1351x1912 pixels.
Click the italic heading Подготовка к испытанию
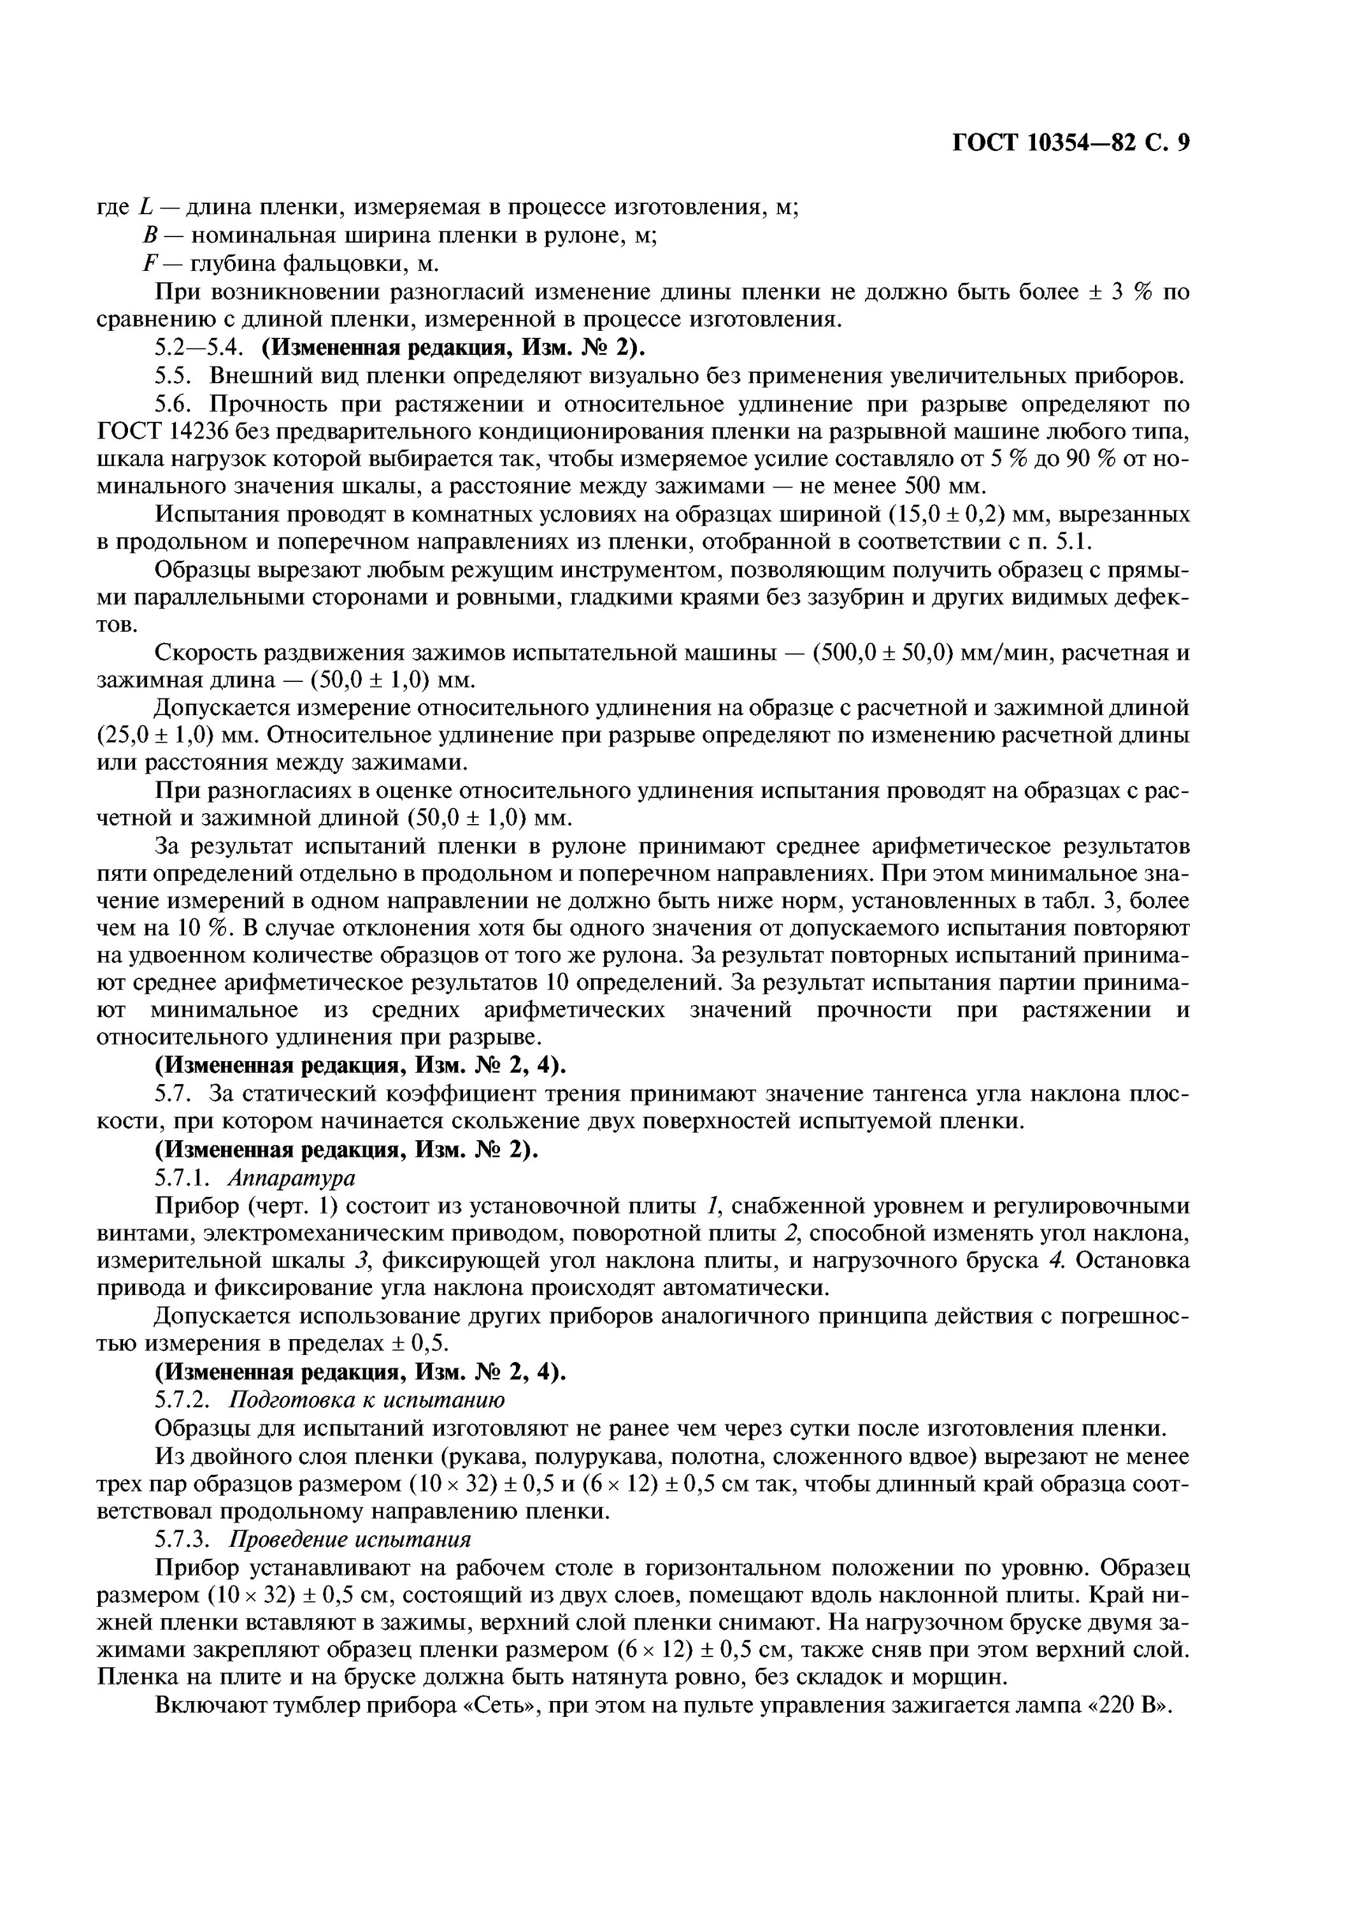366,1400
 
